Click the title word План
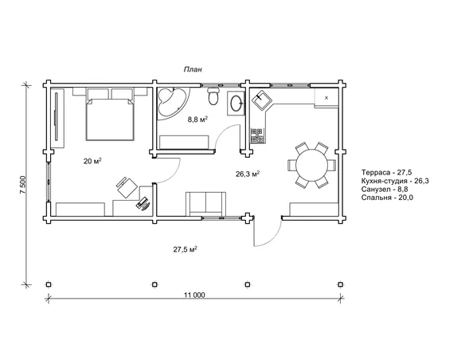tap(193, 69)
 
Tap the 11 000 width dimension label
tap(194, 295)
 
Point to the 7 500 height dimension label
tap(23, 185)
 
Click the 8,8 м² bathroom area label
tap(197, 119)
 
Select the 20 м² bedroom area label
tap(92, 161)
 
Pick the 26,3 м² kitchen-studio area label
tap(248, 174)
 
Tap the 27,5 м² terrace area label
tap(186, 249)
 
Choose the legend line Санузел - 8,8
tap(385, 189)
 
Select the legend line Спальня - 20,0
tap(387, 198)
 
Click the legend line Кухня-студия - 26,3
tap(395, 181)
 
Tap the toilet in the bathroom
tap(213, 96)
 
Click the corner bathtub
tap(171, 104)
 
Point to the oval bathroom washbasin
tap(236, 104)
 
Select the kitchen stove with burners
tap(257, 135)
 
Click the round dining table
tap(311, 165)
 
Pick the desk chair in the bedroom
tap(127, 187)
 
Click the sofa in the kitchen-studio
tap(205, 204)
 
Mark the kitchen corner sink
tap(261, 100)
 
